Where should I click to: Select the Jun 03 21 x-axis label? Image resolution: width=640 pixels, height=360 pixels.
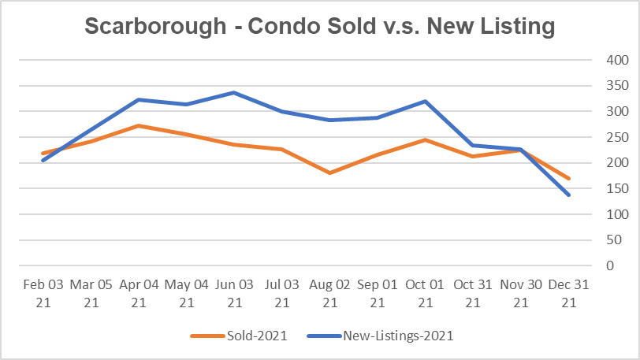point(234,291)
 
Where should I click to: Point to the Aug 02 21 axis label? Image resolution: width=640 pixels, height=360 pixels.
point(329,291)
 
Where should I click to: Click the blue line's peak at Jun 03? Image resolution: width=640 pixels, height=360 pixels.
point(234,92)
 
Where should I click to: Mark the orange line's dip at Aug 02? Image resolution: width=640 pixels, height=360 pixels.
point(329,173)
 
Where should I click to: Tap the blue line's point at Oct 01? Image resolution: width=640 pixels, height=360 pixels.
point(426,101)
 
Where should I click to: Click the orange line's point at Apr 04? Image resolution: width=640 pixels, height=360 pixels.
point(138,125)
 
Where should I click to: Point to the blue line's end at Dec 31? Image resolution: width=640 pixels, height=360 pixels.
point(569,195)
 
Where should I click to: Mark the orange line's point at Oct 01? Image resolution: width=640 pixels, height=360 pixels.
point(426,139)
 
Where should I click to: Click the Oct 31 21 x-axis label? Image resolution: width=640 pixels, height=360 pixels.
point(473,291)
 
